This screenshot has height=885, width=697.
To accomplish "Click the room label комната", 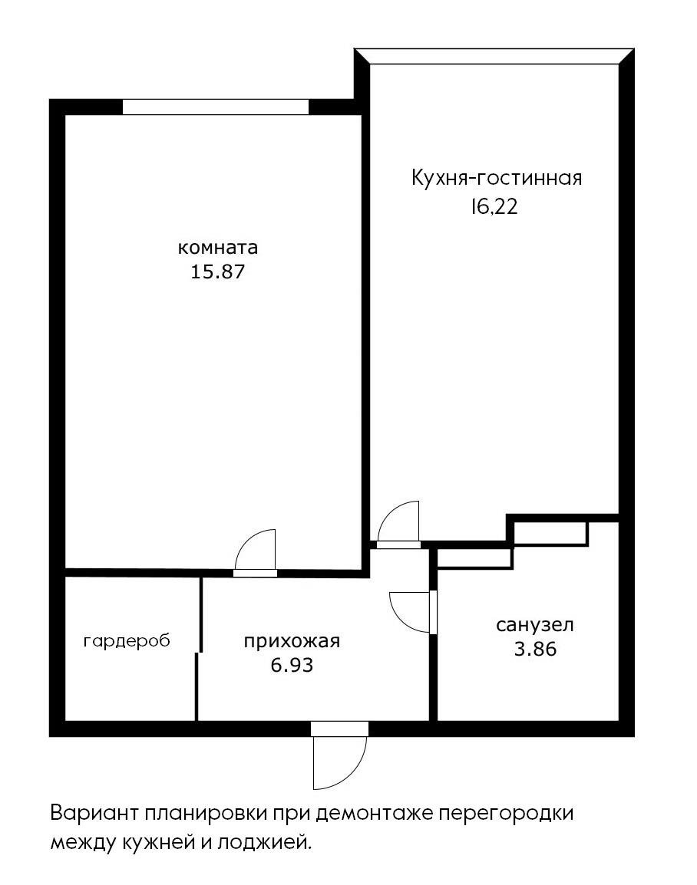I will click(218, 248).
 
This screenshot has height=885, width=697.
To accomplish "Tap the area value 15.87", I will click(218, 271).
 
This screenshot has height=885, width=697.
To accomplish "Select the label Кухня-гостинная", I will click(497, 179).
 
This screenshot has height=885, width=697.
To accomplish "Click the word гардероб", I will click(127, 640).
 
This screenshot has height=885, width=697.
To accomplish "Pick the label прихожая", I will click(292, 642).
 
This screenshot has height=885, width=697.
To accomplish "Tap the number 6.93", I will click(292, 665).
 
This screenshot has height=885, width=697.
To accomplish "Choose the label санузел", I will click(535, 625).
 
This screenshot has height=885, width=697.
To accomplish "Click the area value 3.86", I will click(535, 649).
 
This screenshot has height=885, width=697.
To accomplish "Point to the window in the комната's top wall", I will click(216, 107).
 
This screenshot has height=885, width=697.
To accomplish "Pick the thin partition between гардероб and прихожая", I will click(199, 648).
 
